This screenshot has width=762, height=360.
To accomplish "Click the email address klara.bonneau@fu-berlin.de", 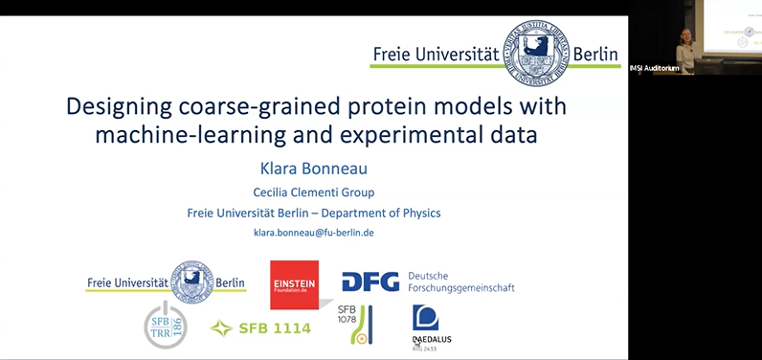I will click(x=314, y=233).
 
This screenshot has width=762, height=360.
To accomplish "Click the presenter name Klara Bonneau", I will click(x=314, y=169).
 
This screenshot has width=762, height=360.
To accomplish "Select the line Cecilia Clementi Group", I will click(x=314, y=192).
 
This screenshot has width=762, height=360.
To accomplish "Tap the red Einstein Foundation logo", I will click(x=294, y=283).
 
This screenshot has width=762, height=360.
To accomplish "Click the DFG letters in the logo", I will click(x=371, y=282).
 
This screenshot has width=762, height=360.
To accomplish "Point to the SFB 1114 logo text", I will click(x=260, y=328).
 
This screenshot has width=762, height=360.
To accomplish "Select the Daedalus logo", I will click(x=427, y=326).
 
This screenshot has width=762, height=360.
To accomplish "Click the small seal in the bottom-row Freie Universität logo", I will click(x=192, y=281).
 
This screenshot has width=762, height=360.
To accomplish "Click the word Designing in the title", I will click(x=120, y=105).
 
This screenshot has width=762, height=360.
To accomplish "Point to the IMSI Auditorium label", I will click(x=655, y=67).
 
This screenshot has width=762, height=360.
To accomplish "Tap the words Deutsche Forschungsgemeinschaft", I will click(x=460, y=281).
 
